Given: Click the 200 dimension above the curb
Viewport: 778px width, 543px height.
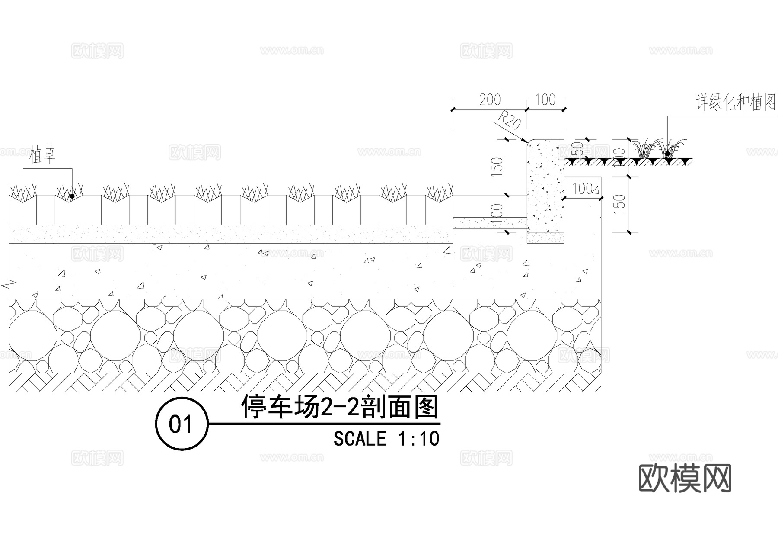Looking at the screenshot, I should pyautogui.click(x=490, y=100).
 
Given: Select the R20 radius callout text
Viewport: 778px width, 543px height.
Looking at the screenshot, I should pyautogui.click(x=510, y=120).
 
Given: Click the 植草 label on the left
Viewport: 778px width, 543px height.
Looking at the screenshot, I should pyautogui.click(x=43, y=155).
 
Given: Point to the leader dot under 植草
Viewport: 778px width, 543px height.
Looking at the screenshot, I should pyautogui.click(x=72, y=196).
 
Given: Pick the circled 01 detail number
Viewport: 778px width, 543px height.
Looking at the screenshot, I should pyautogui.click(x=181, y=424).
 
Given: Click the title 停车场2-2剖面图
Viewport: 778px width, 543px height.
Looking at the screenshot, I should pyautogui.click(x=340, y=407).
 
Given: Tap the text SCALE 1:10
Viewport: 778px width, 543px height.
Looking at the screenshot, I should pyautogui.click(x=386, y=439).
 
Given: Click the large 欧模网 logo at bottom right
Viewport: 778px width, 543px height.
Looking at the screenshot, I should pyautogui.click(x=685, y=478).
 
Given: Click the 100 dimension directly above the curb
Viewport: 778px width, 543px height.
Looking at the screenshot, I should pyautogui.click(x=545, y=100).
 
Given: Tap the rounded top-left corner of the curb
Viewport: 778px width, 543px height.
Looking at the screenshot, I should pyautogui.click(x=528, y=142).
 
